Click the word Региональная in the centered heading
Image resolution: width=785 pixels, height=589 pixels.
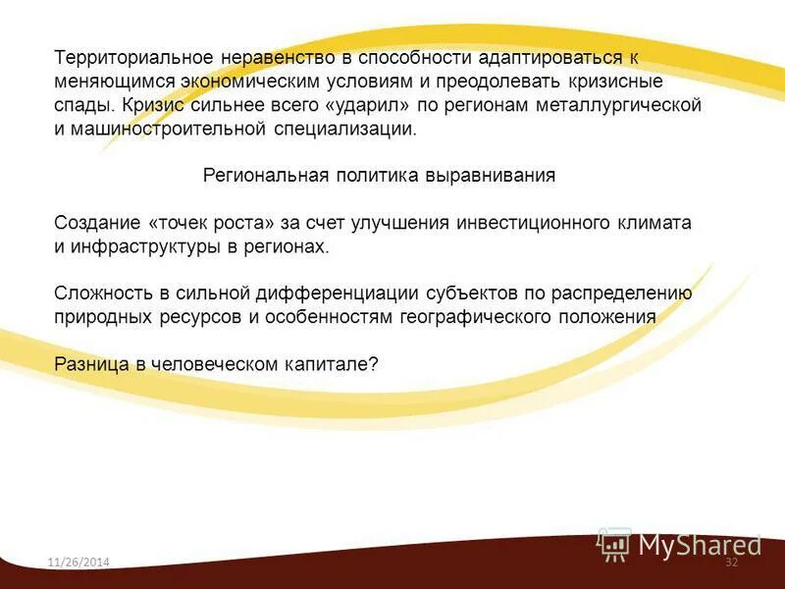click(x=263, y=176)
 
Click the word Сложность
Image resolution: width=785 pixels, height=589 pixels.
click(x=100, y=294)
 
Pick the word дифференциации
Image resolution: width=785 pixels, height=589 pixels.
click(x=337, y=294)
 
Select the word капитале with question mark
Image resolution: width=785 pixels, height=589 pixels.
click(x=342, y=363)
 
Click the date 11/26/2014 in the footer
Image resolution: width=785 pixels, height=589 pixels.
click(x=78, y=562)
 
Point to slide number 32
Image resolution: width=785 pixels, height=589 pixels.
click(x=731, y=562)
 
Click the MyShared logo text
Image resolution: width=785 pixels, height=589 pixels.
click(x=700, y=545)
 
